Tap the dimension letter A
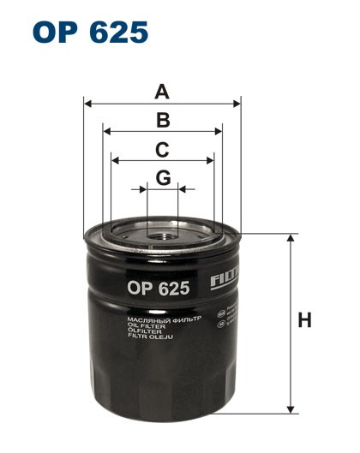coord(162,90)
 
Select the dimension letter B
coord(162,120)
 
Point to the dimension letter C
coord(162,150)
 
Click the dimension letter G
coord(162,177)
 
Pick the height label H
coord(303,321)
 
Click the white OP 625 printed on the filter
coord(159,289)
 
